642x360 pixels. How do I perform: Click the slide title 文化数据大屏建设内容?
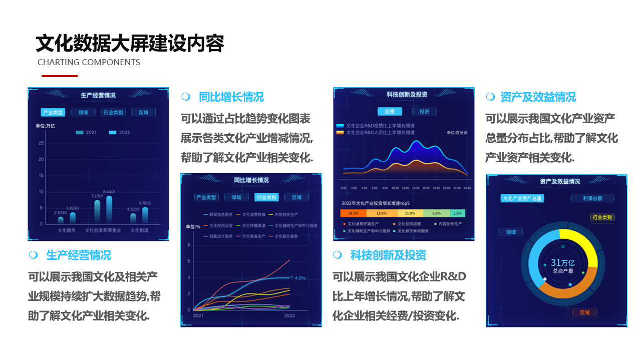tap(130, 44)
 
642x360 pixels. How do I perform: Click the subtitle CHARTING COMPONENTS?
tap(89, 63)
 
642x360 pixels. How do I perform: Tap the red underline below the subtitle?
tap(60, 76)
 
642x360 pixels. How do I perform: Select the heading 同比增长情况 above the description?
tap(231, 97)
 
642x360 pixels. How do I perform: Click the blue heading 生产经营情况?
tap(79, 255)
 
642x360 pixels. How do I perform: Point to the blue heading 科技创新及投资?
tap(388, 255)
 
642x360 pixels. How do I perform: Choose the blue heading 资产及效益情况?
tap(538, 97)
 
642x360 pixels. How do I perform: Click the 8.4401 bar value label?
tap(109, 192)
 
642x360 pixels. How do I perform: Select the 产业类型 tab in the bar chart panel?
tap(53, 113)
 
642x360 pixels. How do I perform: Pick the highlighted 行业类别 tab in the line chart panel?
tap(266, 197)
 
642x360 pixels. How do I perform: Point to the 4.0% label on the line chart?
tap(300, 278)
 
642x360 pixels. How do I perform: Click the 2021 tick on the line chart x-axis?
tap(198, 316)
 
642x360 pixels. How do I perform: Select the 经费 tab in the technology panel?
tap(390, 112)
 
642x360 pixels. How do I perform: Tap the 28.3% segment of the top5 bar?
tap(353, 213)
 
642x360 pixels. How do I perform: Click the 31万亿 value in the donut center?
tap(562, 263)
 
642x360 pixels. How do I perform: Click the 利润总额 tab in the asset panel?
tap(592, 198)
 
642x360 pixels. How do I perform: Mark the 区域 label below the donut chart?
tap(584, 312)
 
